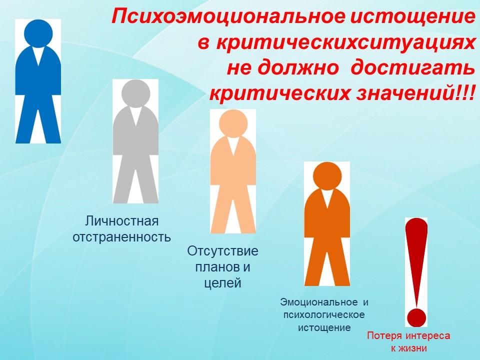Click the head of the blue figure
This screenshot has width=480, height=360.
tap(38, 33)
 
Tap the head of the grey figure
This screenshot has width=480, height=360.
tap(135, 93)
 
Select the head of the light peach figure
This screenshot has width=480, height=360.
tap(233, 123)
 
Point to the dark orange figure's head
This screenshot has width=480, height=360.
tap(327, 176)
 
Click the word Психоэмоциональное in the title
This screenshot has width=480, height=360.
tap(228, 17)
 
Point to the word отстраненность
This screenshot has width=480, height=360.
tap(122, 237)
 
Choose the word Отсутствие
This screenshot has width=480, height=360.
tap(222, 251)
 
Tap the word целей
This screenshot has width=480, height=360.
tap(222, 283)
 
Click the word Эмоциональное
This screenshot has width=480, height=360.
tap(318, 302)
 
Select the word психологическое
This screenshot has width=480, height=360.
tap(324, 315)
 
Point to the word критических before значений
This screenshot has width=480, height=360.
tap(279, 93)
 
